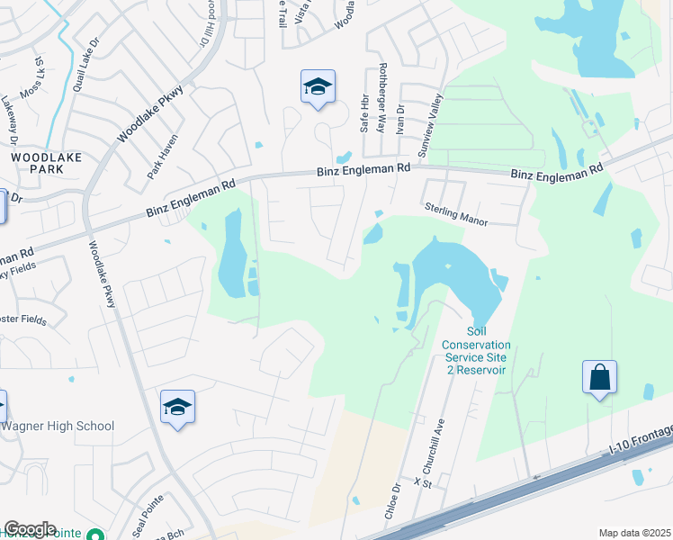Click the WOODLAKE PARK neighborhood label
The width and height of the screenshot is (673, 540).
(46, 163)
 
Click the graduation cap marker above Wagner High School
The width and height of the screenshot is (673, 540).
(177, 408)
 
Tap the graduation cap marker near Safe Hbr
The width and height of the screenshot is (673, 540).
(317, 87)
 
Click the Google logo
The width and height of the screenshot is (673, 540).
(30, 529)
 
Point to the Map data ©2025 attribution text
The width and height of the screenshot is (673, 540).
(633, 533)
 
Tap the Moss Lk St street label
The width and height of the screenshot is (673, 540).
(40, 71)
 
